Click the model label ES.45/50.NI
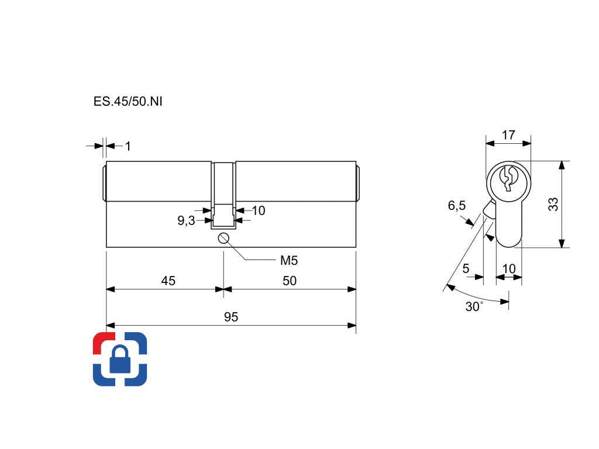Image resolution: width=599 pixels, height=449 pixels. coord(128,101)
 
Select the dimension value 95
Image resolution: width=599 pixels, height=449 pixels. coord(231,317)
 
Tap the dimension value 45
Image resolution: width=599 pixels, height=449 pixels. coord(168,281)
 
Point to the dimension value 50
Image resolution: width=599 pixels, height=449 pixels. coord(290,281)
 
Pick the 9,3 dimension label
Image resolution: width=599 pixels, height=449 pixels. coord(186,220)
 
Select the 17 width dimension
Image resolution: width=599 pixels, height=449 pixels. coord(508,135)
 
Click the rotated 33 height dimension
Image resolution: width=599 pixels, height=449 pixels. coord(553,204)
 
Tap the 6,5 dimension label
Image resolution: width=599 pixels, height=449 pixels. coord(457,205)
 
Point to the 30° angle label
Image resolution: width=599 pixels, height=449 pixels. coord(474,306)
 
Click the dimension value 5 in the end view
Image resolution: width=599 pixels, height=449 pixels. coord(466,268)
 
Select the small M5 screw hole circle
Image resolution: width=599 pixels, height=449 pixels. coord(223,237)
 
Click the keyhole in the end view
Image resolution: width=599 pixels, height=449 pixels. coord(508,179)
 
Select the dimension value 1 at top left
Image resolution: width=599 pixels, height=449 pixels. coord(128,146)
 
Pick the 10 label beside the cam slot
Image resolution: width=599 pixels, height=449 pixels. coord(258,210)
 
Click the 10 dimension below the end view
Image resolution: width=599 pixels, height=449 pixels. coord(509,268)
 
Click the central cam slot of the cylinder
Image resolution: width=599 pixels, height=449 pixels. coord(223,193)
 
